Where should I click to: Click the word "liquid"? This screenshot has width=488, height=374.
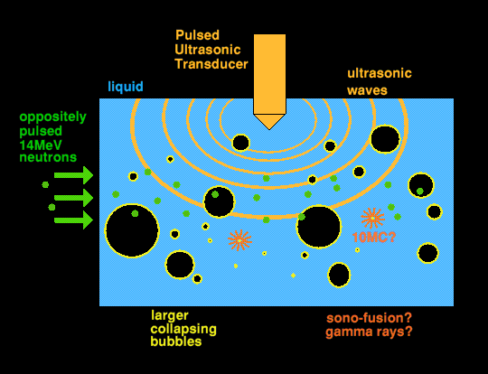(126, 86)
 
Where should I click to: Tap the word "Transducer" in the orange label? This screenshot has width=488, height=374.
(211, 64)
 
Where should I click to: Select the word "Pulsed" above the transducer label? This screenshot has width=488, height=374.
(197, 35)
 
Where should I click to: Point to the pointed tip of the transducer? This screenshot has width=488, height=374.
(269, 129)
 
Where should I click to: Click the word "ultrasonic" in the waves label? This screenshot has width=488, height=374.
(380, 73)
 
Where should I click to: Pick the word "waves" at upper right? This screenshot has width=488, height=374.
(367, 90)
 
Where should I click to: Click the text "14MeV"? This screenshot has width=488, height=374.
(41, 145)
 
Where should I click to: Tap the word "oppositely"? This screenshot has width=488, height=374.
(52, 117)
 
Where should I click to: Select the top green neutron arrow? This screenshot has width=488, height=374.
(73, 175)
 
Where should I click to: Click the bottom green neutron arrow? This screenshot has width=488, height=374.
(73, 220)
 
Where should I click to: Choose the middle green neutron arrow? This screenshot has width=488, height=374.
(73, 198)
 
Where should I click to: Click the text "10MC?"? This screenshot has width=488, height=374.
(374, 238)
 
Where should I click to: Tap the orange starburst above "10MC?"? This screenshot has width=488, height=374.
(372, 218)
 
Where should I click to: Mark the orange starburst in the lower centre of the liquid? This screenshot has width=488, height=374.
(239, 240)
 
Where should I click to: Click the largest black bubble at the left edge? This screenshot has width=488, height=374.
(132, 231)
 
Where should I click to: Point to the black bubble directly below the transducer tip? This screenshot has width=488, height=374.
(241, 143)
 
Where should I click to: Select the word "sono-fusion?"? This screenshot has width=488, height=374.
(369, 318)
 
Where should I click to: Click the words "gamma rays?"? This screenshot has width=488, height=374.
(369, 332)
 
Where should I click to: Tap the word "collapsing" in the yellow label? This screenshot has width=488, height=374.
(183, 329)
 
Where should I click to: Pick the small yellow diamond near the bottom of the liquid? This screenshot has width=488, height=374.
(293, 276)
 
